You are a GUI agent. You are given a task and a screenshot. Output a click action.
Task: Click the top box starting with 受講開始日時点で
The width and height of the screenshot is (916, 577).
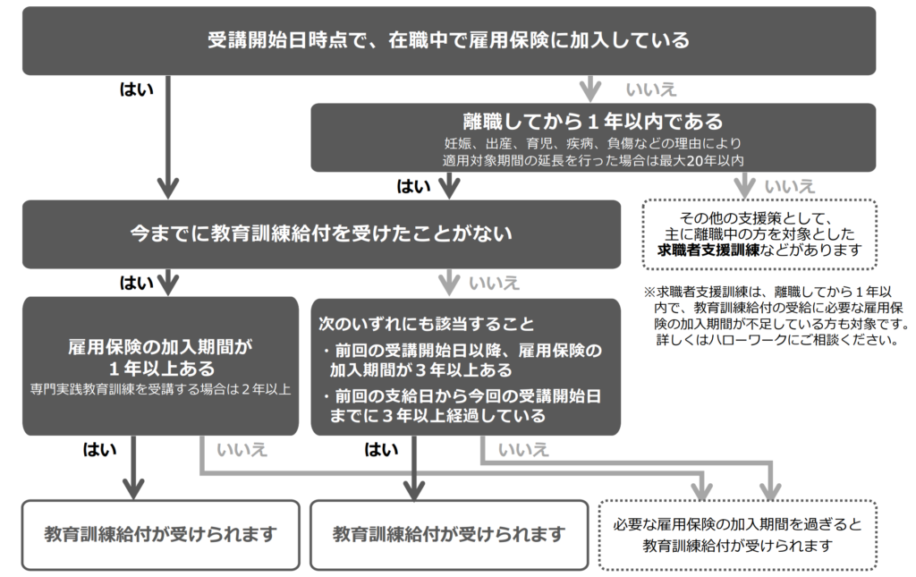click(449, 40)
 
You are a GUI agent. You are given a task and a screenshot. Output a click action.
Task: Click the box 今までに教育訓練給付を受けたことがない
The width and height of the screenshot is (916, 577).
click(321, 234)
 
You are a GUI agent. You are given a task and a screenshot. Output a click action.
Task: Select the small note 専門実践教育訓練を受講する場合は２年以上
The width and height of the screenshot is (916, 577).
click(160, 391)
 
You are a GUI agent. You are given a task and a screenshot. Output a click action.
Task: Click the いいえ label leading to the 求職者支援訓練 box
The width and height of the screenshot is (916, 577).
click(790, 186)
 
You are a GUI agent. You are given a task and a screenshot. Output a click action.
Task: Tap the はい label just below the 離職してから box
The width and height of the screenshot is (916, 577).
click(413, 186)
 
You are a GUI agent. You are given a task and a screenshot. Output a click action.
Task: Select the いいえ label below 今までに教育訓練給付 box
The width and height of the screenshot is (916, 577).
click(494, 284)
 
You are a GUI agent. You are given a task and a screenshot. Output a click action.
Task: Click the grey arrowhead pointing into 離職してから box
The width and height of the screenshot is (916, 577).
click(589, 92)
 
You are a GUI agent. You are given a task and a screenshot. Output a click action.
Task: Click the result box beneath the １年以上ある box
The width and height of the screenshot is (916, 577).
click(160, 534)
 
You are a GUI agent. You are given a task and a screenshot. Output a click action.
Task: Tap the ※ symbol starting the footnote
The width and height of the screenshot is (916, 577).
click(650, 293)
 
